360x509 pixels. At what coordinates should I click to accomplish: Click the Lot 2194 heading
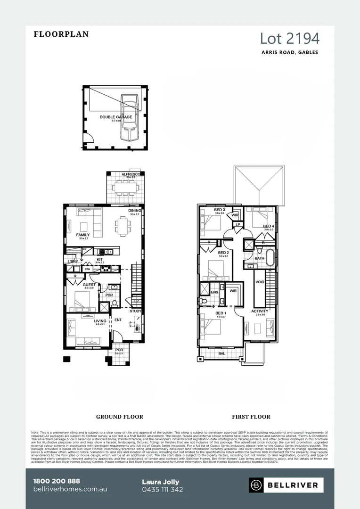[x=290, y=38]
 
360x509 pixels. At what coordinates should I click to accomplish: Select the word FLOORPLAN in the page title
[x=61, y=34]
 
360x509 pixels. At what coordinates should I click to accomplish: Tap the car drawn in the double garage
[x=129, y=116]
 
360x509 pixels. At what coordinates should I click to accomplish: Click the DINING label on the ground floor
[x=135, y=211]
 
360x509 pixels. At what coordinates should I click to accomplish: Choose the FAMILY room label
[x=83, y=235]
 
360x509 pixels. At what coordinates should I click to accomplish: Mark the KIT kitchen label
[x=99, y=259]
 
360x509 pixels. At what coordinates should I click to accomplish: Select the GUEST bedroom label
[x=89, y=285]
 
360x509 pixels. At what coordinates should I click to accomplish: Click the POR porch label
[x=119, y=350]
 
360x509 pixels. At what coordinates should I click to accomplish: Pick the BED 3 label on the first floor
[x=220, y=210]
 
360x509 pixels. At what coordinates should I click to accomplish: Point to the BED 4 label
[x=268, y=226]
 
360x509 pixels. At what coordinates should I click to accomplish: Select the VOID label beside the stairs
[x=260, y=282]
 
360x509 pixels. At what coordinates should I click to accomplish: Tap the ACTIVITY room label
[x=260, y=311]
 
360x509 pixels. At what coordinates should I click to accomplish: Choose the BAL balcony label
[x=221, y=353]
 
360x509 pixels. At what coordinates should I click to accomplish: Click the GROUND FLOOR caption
[x=120, y=417]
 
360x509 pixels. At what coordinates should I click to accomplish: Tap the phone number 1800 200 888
[x=57, y=481]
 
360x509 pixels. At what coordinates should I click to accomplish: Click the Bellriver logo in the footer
[x=286, y=485]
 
